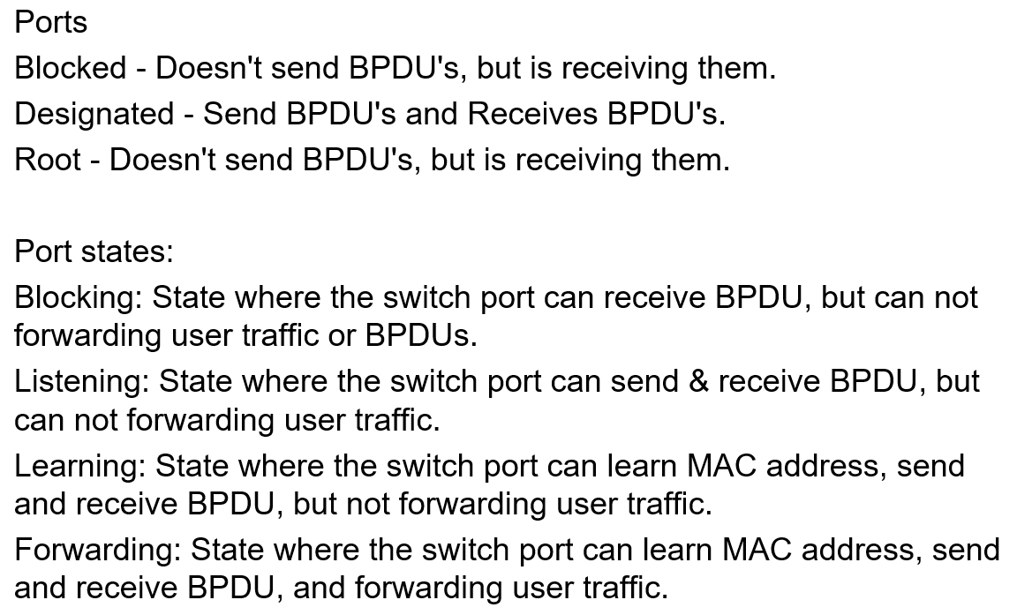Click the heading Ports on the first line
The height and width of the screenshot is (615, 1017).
(x=51, y=22)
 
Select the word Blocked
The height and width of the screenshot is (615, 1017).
(x=71, y=68)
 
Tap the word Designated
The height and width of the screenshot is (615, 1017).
(x=94, y=114)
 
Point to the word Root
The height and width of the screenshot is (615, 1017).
(x=49, y=160)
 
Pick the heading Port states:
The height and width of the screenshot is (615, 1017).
(x=94, y=251)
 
